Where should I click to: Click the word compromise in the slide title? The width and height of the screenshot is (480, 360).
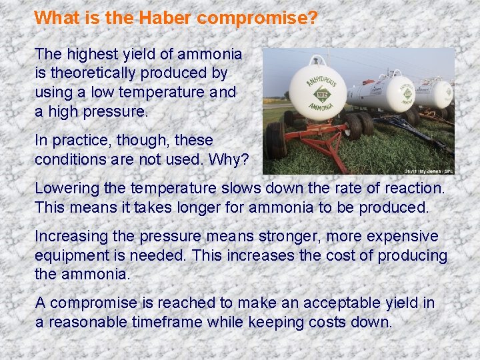pos(257,18)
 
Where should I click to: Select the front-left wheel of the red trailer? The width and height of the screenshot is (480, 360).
pos(276,140)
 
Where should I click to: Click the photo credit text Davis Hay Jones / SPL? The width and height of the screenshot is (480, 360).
pos(428,171)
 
